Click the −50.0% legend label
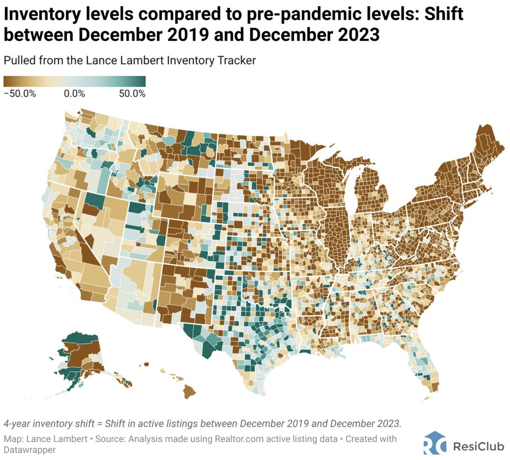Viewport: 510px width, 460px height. (20, 94)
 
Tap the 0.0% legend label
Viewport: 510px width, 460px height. (74, 94)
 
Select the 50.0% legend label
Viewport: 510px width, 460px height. (132, 94)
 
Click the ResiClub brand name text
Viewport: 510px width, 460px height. (478, 446)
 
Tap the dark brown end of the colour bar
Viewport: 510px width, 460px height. (8, 81)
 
